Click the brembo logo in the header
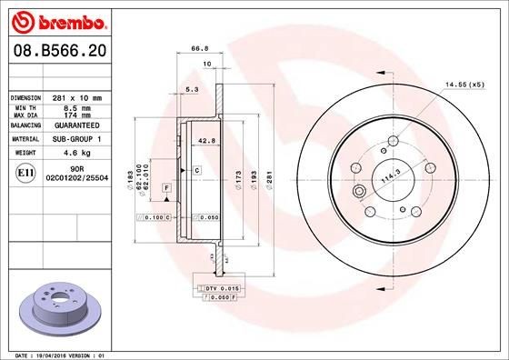[57, 19]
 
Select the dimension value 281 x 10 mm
[76, 97]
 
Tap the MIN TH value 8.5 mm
[76, 107]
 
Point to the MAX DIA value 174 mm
[76, 115]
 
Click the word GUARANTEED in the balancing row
[76, 127]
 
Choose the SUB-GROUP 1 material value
[76, 139]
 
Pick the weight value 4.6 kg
[76, 154]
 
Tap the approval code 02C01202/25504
[76, 177]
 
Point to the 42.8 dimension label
[205, 141]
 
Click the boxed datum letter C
[195, 171]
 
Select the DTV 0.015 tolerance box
[218, 287]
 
